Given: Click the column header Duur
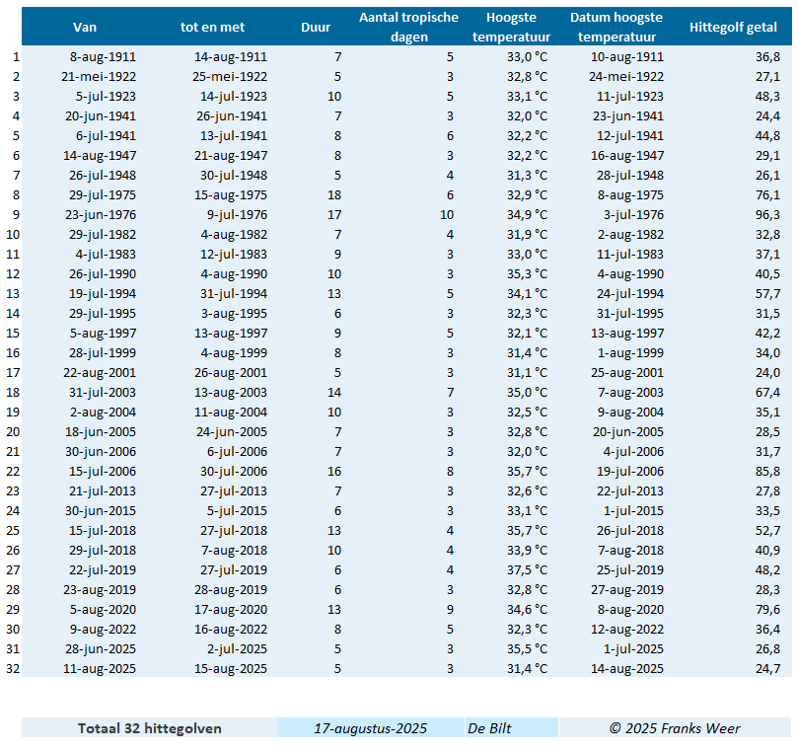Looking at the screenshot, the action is (x=316, y=27).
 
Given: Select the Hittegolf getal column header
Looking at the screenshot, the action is (x=733, y=27).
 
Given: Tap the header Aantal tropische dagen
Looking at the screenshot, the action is (x=408, y=27).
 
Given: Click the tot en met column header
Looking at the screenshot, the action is (x=212, y=27).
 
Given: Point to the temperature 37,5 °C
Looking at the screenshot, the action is (x=527, y=570).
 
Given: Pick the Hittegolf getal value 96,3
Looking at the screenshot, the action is (x=767, y=214).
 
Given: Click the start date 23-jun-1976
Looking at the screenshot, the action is (x=101, y=214).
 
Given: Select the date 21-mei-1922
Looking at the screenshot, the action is (x=99, y=77).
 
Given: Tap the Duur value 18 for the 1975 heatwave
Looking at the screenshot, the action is (x=334, y=195).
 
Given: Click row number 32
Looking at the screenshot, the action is (x=13, y=669).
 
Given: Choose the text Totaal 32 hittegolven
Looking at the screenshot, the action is (x=150, y=728).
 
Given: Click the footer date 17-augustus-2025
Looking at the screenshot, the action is (x=371, y=728).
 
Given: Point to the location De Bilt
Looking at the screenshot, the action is (x=489, y=728).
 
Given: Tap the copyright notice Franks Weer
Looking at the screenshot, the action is (x=675, y=728).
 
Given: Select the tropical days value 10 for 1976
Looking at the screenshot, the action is (x=447, y=214).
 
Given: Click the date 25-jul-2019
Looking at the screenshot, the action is (x=630, y=570).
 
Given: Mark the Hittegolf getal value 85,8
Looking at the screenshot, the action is (x=767, y=472).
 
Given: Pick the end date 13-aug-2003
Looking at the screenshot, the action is (x=231, y=393).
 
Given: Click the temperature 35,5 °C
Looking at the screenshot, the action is (x=527, y=648).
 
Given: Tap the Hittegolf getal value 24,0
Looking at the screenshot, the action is (x=767, y=373).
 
